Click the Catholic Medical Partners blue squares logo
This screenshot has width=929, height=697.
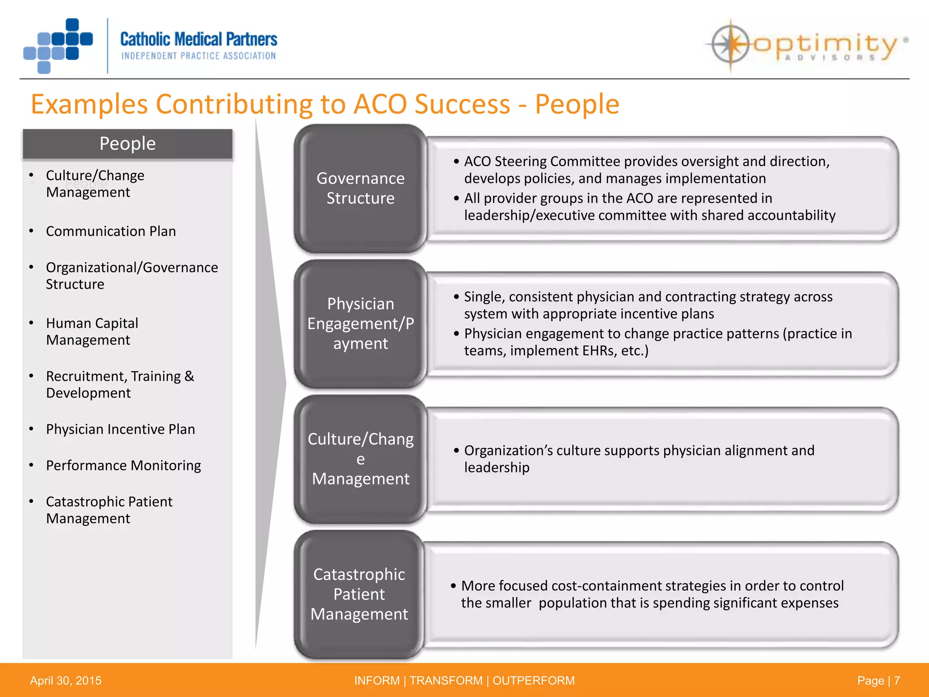point(58,45)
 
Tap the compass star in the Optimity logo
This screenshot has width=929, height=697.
point(730,44)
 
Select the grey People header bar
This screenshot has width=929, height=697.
point(127,144)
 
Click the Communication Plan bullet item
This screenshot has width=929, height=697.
point(111,231)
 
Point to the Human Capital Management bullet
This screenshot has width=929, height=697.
point(92,332)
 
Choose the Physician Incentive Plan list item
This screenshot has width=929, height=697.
point(120,429)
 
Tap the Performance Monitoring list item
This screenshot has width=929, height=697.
point(123,466)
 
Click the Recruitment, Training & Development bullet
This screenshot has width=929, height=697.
point(120,385)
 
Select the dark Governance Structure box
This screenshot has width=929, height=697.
point(360,188)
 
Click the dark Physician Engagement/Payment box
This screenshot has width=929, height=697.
point(360,324)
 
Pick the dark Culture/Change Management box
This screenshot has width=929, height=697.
point(360,459)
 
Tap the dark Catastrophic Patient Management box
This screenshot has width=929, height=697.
point(359,594)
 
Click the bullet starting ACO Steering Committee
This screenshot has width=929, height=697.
point(646,170)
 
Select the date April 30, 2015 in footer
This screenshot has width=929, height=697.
point(66,681)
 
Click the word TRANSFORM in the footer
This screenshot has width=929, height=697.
point(446,681)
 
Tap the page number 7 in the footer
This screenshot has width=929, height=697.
point(897,681)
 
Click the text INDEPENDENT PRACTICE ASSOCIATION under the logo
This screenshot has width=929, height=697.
point(199,56)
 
